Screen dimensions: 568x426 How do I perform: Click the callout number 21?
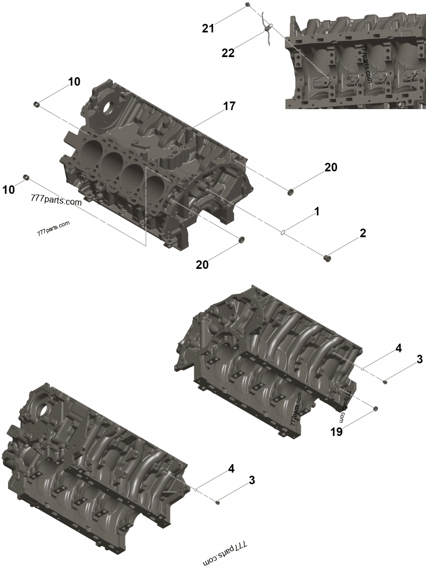(208, 28)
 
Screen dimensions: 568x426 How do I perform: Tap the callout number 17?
(229, 106)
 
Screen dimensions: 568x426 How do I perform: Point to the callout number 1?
(316, 212)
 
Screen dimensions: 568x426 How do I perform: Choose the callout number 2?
(363, 233)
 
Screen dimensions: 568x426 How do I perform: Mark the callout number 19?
(336, 432)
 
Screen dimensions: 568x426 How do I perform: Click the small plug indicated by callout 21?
(248, 5)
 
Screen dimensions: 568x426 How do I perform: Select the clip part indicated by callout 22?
(268, 29)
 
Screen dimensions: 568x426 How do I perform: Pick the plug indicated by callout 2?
(329, 259)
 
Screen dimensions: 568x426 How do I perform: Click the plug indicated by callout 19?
(375, 408)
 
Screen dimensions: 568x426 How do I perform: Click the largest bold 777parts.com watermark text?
(56, 202)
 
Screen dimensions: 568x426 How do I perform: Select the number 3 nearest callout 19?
(419, 359)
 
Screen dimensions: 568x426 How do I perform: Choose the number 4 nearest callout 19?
(398, 349)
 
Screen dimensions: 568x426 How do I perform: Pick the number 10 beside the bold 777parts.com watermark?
(9, 190)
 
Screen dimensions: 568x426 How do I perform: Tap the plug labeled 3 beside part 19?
(385, 381)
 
